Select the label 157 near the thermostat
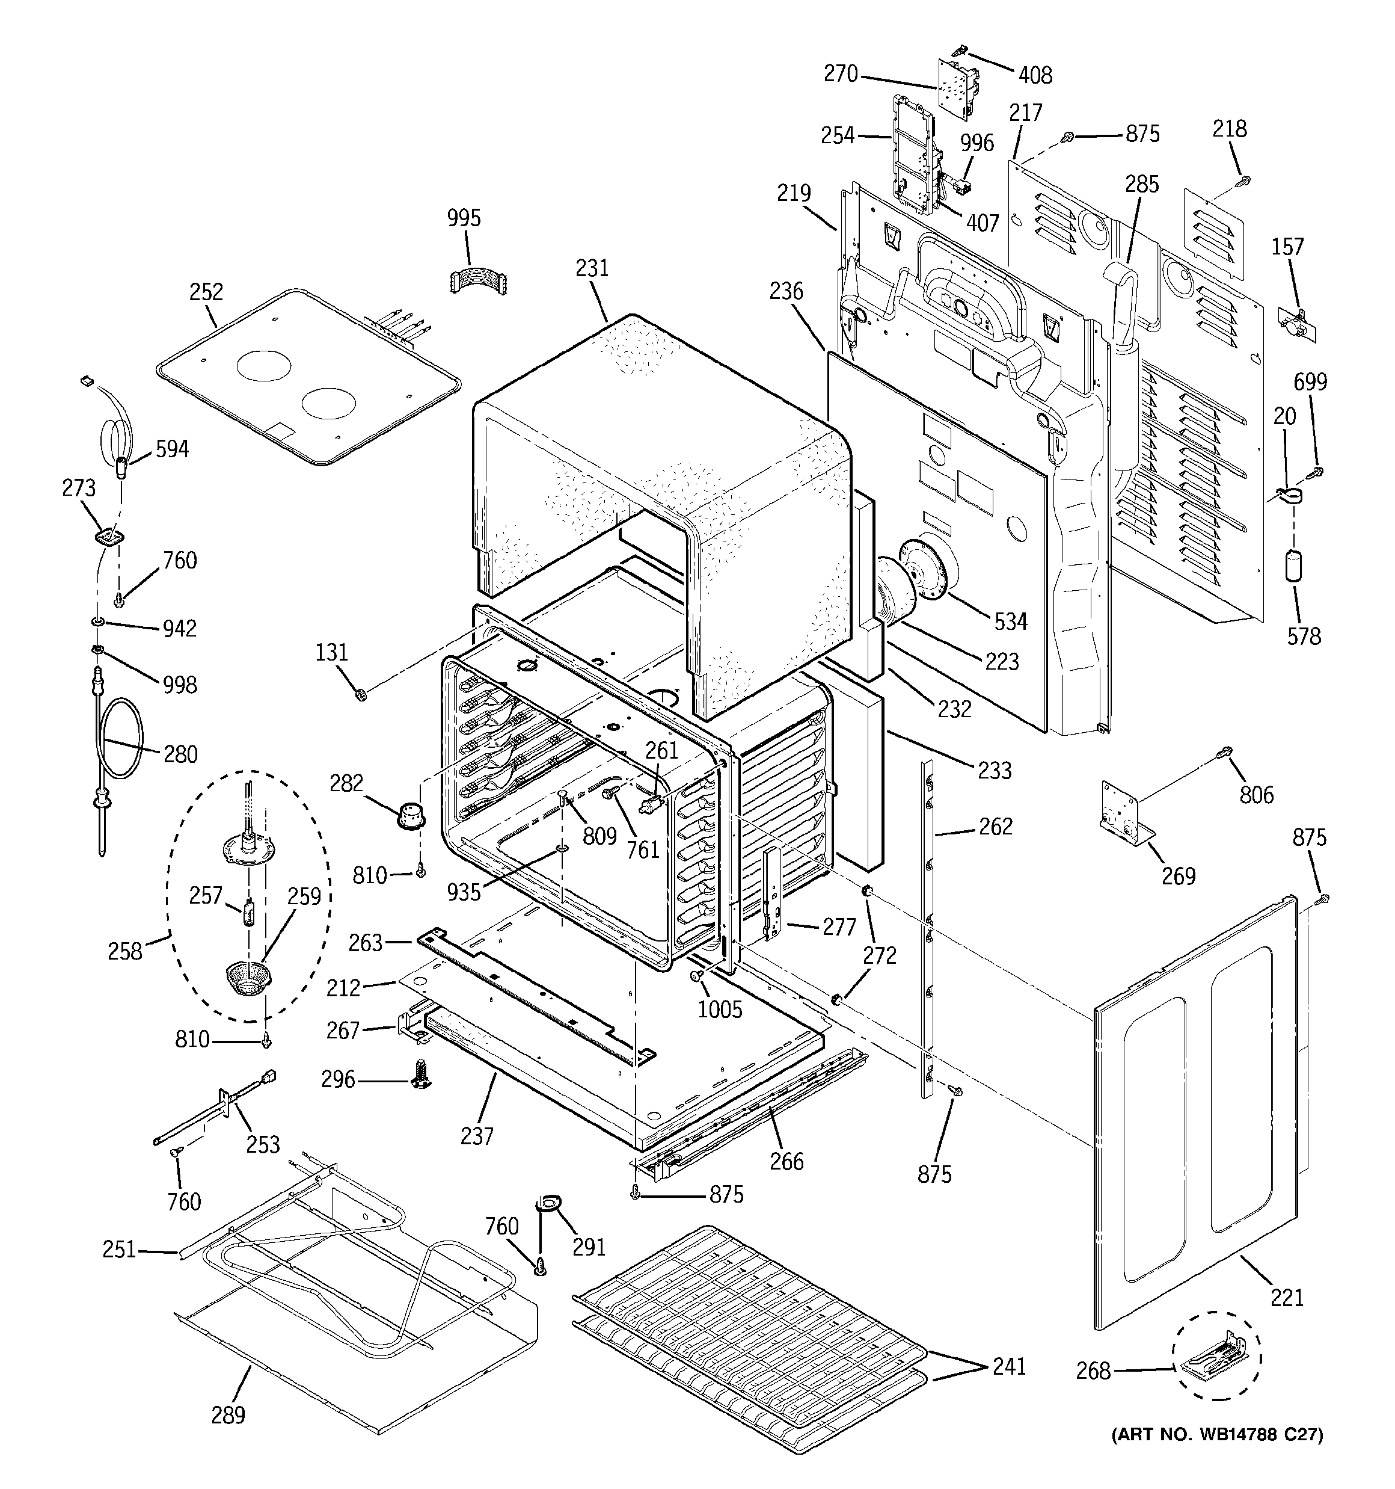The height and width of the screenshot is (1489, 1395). click(x=1287, y=247)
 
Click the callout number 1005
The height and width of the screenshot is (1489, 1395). click(x=720, y=1009)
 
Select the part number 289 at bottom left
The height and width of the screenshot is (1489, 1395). click(x=228, y=1415)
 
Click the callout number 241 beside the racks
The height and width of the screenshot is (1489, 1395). click(x=1008, y=1366)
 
